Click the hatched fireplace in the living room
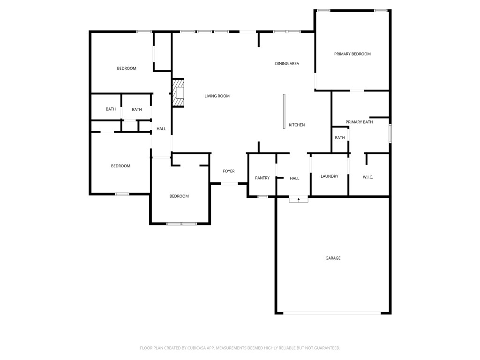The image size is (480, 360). (x=178, y=93)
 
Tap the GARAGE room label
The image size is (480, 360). (x=333, y=258)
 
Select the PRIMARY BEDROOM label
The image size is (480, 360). (x=352, y=54)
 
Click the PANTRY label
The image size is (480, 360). (x=262, y=178)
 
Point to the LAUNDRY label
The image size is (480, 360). (x=329, y=176)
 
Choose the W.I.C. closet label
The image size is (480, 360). (x=367, y=177)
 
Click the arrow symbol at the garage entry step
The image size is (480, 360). (x=299, y=200)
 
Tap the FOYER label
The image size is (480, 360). (x=228, y=171)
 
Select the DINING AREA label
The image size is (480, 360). (x=287, y=64)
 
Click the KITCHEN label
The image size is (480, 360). (x=297, y=125)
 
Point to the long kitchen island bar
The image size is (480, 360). (x=284, y=111)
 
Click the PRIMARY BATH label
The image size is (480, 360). (x=359, y=122)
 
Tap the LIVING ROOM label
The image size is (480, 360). (x=217, y=96)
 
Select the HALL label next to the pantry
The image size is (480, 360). (x=294, y=179)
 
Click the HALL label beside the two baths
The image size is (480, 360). (x=161, y=129)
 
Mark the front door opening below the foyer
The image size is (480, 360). (x=229, y=184)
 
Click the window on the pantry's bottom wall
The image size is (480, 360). (x=262, y=197)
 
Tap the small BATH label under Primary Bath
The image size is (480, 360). (x=340, y=138)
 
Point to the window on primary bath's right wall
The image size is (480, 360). (x=390, y=134)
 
